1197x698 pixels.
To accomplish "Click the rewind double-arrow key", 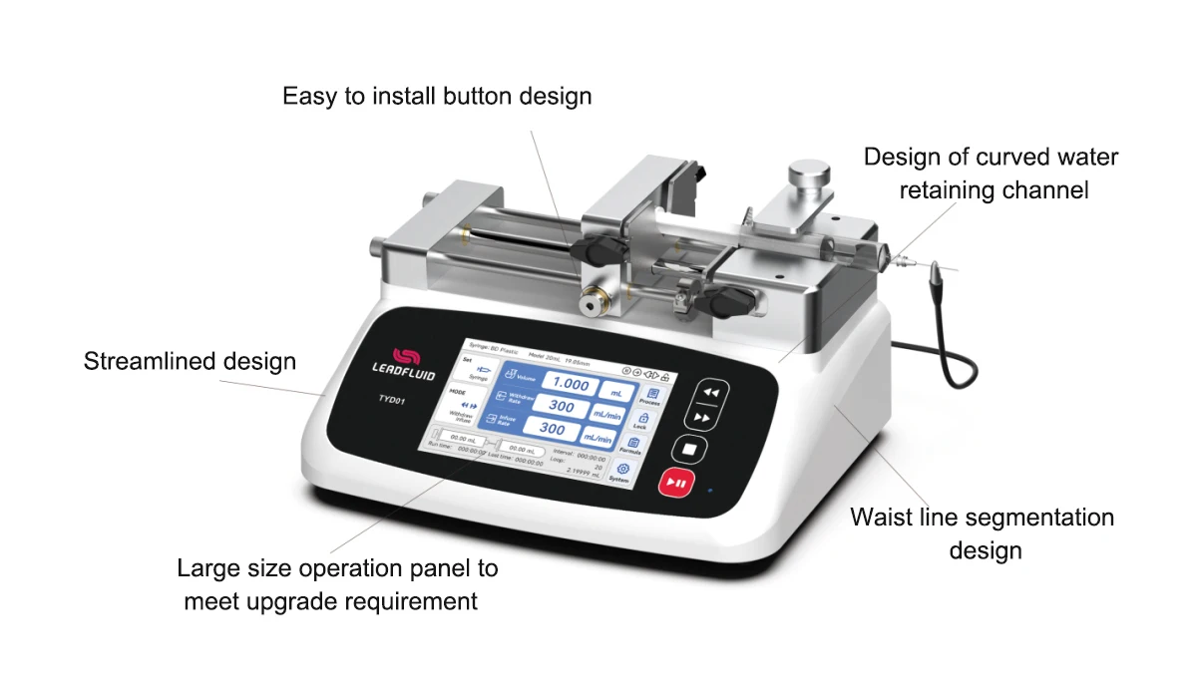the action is [710, 393].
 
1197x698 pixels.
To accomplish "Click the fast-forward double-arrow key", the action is [703, 419].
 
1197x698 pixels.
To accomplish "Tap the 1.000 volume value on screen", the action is [572, 385].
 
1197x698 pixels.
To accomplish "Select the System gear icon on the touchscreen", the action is [622, 470].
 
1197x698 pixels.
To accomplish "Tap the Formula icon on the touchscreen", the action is [632, 445].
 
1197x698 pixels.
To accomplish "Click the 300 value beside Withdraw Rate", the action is [562, 407].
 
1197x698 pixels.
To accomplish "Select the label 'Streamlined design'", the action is [190, 361].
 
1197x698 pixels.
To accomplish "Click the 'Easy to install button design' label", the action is [437, 97].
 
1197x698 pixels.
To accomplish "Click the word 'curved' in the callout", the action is [1025, 158].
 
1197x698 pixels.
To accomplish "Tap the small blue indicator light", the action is [709, 492].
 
